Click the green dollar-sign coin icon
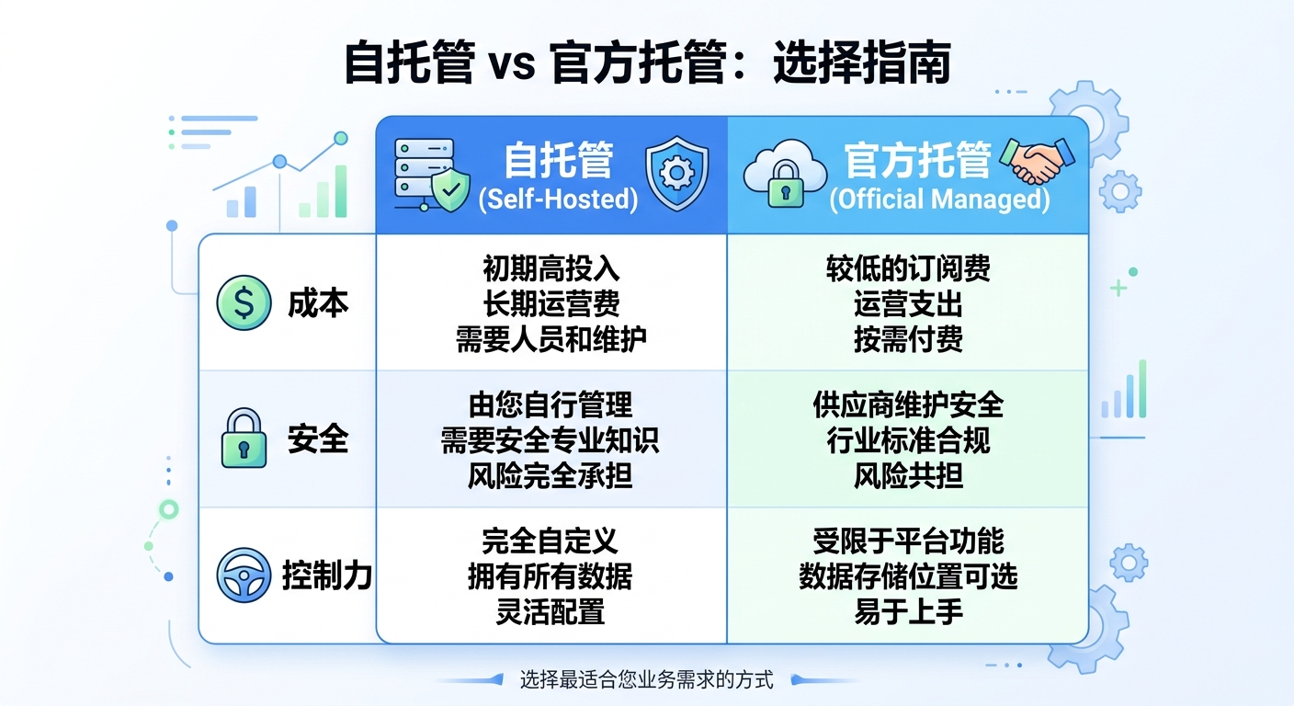[244, 302]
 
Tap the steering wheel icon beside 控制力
[244, 575]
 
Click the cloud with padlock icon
[786, 174]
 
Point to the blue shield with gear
[677, 174]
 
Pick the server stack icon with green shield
[432, 175]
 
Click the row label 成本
[318, 303]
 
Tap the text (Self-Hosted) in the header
[558, 199]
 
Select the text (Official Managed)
[940, 199]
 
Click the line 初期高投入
[551, 268]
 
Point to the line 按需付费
[908, 339]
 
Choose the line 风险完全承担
[550, 476]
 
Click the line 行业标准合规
[908, 440]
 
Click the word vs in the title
[513, 64]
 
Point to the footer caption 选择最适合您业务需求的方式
[646, 680]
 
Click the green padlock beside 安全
[244, 438]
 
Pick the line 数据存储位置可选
[908, 576]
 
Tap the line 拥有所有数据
[550, 576]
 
